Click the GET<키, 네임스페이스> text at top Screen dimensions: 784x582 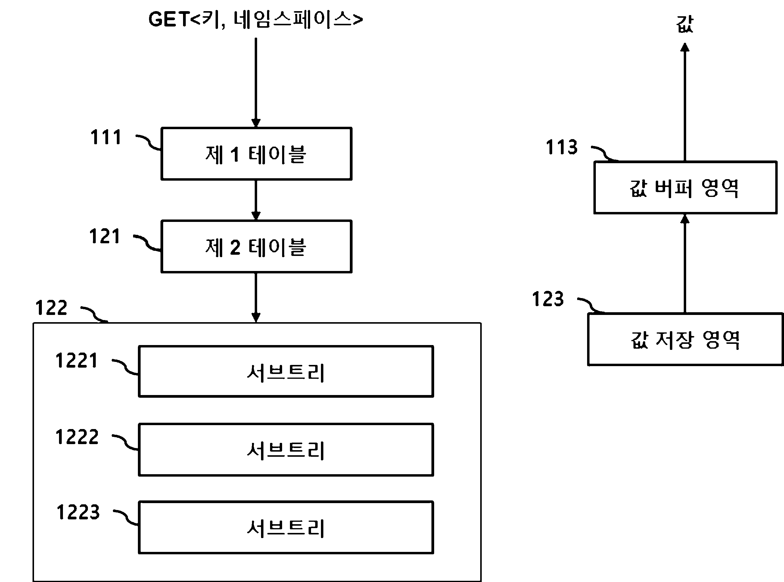coord(256,19)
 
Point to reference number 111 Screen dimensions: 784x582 coord(106,137)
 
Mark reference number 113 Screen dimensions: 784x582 coord(562,147)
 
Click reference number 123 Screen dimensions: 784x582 coord(548,299)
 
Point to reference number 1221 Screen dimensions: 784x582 coord(76,360)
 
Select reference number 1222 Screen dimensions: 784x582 coord(77,437)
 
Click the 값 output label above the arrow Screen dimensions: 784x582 coord(685,24)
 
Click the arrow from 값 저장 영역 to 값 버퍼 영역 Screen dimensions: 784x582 coord(685,263)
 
